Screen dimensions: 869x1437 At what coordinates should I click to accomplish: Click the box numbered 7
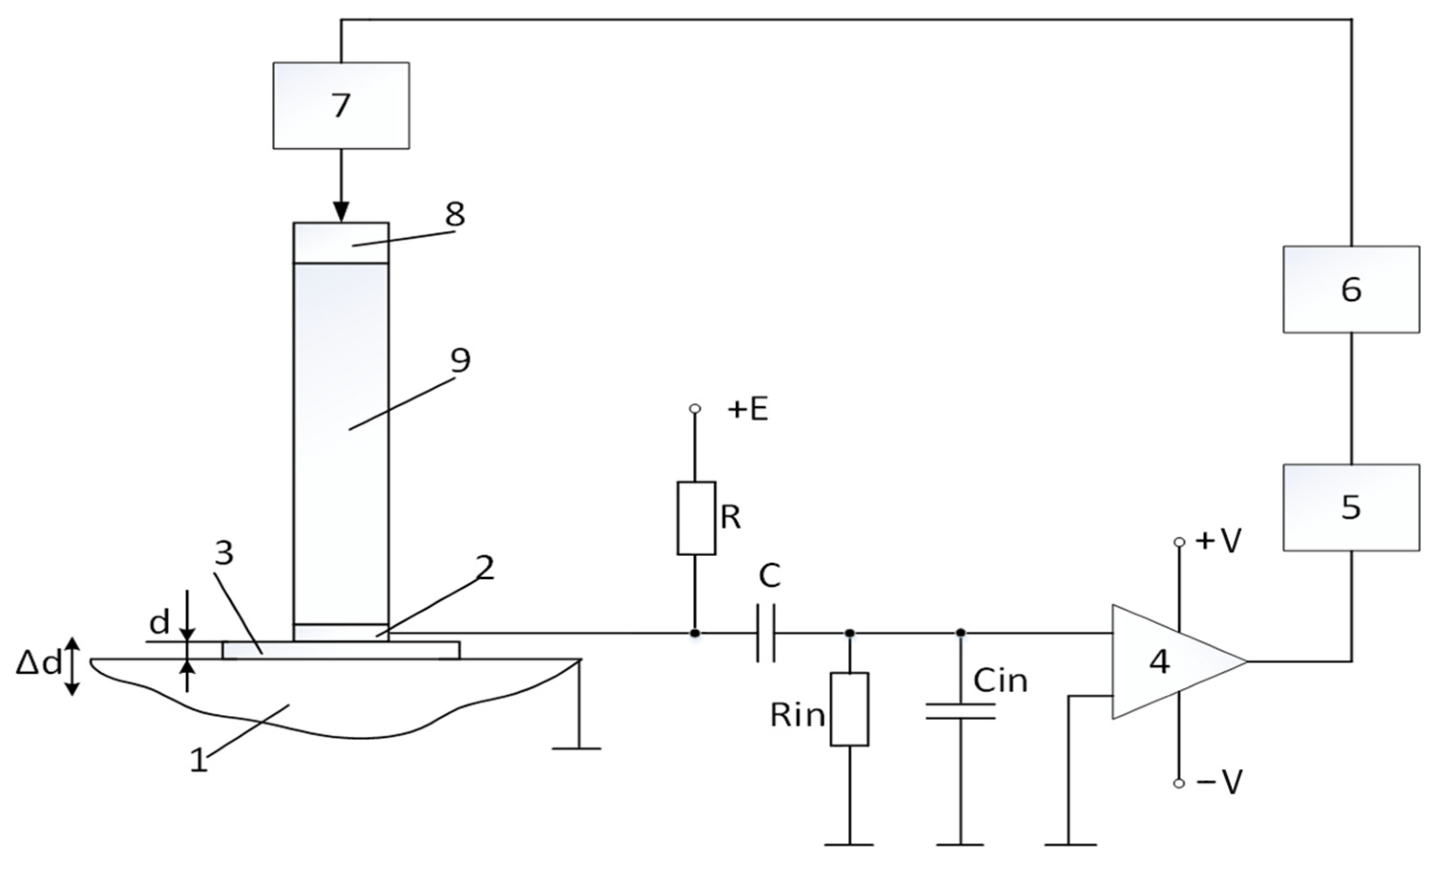(341, 106)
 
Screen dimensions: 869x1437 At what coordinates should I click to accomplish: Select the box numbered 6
(1351, 289)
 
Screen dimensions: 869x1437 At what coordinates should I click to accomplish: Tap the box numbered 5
(1351, 508)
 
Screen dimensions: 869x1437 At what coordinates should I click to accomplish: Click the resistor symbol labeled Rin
(849, 709)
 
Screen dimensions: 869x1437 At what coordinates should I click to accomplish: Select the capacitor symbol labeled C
(766, 633)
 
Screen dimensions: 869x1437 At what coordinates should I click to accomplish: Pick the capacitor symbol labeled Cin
(960, 711)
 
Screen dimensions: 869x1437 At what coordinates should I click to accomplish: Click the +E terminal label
(747, 411)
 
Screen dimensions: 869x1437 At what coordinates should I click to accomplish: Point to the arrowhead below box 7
(341, 211)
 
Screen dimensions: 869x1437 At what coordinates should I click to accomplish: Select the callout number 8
(455, 215)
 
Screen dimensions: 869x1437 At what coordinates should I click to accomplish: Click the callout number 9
(460, 360)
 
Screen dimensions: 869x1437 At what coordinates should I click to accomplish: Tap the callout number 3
(224, 553)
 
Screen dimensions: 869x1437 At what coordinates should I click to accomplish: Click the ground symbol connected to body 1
(576, 748)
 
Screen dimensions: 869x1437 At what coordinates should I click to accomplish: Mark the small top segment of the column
(341, 243)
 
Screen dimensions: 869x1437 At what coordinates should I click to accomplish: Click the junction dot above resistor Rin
(850, 633)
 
